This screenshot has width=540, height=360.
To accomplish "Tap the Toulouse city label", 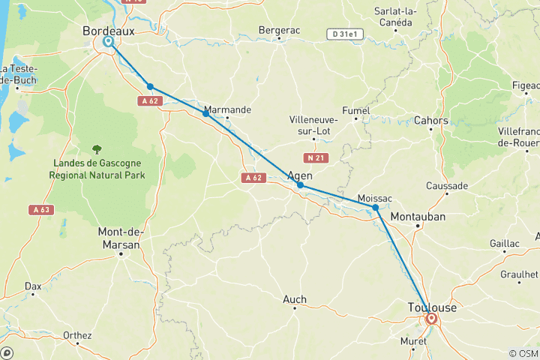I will (432, 307).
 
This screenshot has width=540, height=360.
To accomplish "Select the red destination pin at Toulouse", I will (431, 319).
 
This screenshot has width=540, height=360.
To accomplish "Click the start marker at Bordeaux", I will (108, 42).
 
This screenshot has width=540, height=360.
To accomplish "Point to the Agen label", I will (299, 176).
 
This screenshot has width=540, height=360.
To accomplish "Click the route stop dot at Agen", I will (300, 185).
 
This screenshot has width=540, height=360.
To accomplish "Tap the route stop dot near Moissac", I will (375, 208).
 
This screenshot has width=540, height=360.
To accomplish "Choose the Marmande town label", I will (227, 109).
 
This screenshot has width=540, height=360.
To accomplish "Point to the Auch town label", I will (294, 299).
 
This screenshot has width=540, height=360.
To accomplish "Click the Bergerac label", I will (279, 30).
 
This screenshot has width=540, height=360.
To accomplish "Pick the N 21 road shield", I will (313, 158).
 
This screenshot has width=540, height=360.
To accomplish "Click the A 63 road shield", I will (40, 210).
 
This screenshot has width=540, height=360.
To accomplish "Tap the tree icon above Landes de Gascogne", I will (97, 150).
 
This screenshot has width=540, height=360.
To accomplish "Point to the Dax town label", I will (33, 286).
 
